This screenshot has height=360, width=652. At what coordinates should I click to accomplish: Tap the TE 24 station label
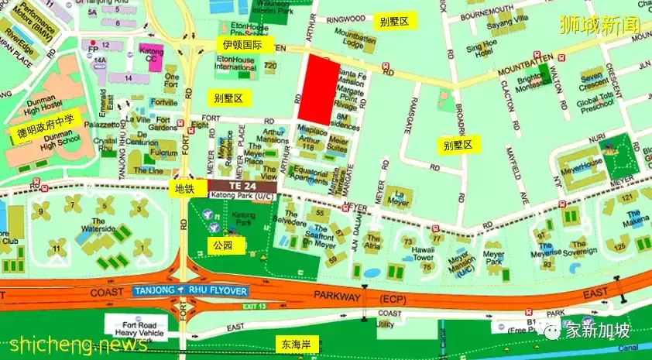click(242, 187)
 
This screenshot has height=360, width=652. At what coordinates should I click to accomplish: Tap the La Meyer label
click(398, 200)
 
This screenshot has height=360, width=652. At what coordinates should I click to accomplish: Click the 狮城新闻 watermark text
click(602, 24)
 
